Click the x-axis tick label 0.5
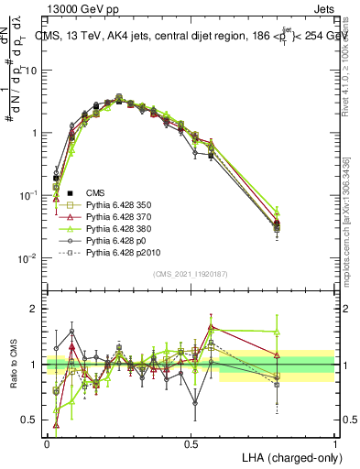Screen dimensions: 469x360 pyautogui.click(x=191, y=442)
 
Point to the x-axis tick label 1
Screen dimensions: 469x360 pyautogui.click(x=334, y=442)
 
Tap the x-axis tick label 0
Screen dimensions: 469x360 pyautogui.click(x=47, y=442)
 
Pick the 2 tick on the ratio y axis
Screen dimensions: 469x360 pyautogui.click(x=35, y=309)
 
